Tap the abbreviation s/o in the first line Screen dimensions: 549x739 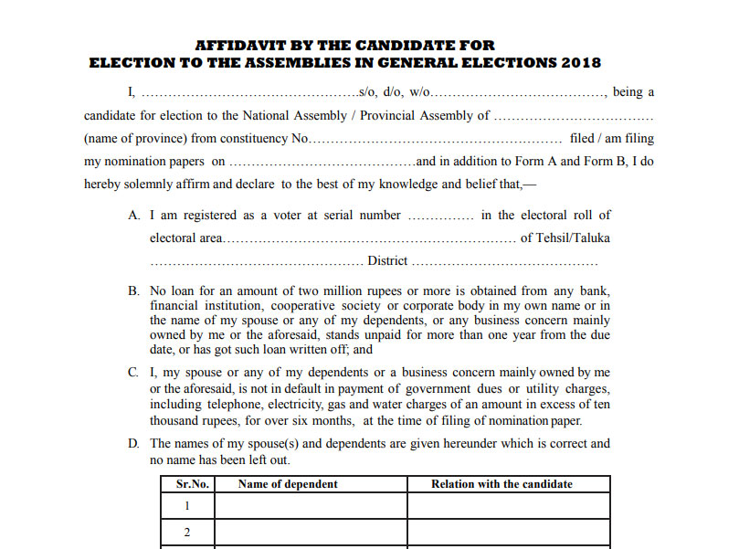click(369, 92)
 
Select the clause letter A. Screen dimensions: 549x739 click(133, 216)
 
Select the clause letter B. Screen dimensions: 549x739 click(133, 290)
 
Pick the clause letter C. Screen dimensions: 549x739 click(133, 373)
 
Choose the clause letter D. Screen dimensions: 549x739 click(133, 444)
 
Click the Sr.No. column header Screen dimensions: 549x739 click(187, 484)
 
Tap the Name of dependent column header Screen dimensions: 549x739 click(288, 484)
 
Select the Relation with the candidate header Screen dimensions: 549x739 click(501, 484)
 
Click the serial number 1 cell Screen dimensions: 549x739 click(187, 506)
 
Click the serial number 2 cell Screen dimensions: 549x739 click(187, 533)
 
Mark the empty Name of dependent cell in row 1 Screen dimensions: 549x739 click(310, 506)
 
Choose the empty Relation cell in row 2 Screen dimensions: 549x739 click(508, 533)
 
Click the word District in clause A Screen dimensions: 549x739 click(387, 261)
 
